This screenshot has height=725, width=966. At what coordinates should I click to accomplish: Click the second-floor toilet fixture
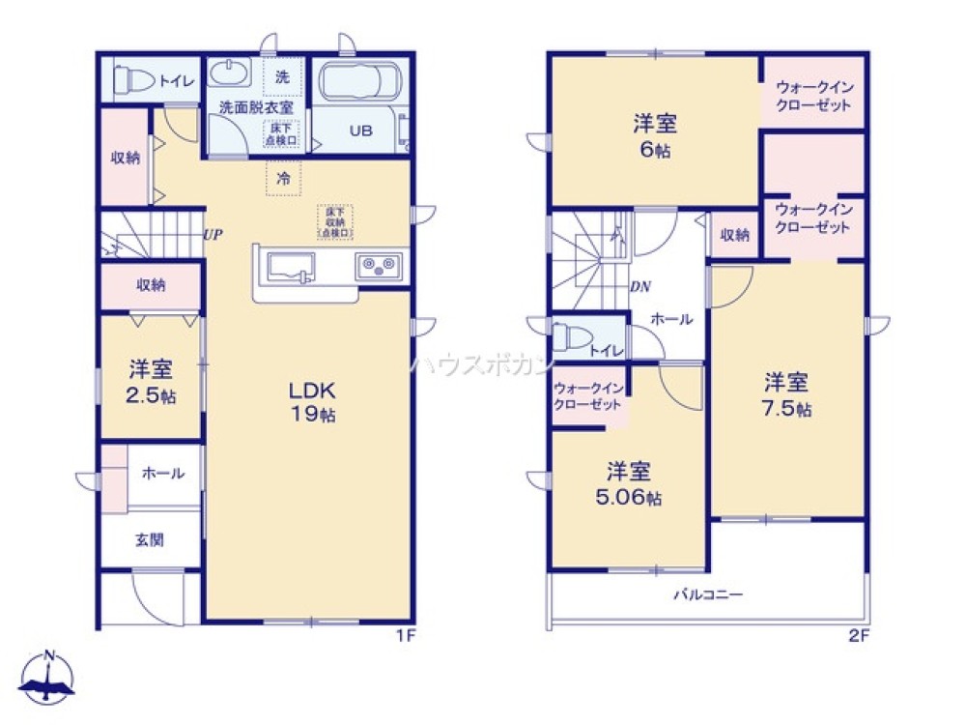[570, 339]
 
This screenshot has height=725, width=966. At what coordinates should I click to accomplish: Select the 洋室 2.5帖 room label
[152, 382]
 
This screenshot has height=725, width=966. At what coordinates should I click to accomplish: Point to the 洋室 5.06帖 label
[629, 484]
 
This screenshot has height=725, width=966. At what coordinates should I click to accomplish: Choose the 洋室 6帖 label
[654, 136]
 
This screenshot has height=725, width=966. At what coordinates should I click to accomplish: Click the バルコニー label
[708, 594]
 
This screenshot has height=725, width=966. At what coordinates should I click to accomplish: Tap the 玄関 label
[150, 539]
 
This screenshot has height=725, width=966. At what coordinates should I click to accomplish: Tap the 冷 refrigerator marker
[283, 178]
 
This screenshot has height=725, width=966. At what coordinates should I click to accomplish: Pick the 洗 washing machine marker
[282, 77]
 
